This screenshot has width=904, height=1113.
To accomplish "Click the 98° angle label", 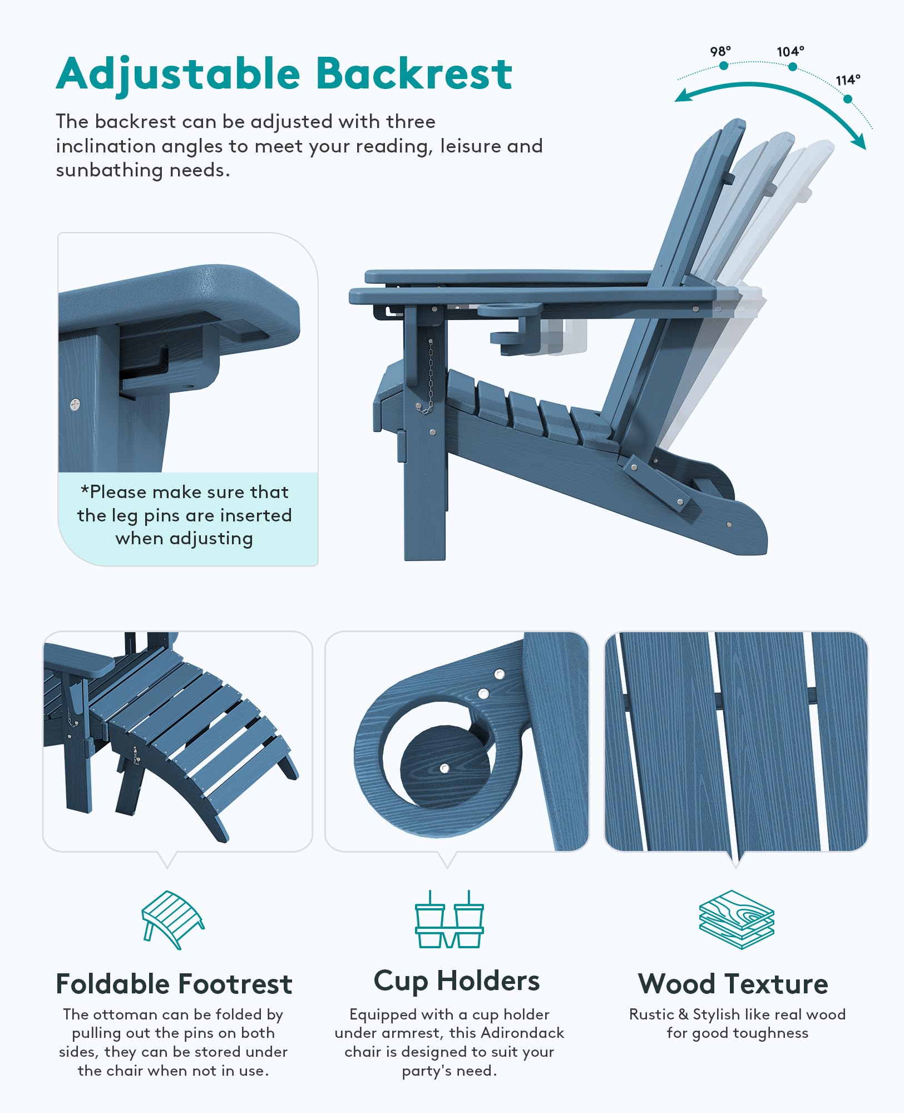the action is [720, 51].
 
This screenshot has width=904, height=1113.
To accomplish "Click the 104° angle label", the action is [791, 51].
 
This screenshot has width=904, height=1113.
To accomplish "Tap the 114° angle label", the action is [848, 80].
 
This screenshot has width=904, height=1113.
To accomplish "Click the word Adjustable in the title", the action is [178, 75].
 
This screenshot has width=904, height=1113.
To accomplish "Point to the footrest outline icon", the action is [173, 919].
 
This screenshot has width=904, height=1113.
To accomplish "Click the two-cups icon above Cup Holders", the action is [449, 919].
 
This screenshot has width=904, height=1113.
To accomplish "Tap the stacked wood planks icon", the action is [737, 919].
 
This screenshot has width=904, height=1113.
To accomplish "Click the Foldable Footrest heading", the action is [174, 984].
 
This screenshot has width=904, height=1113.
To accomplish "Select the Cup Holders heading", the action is [457, 982].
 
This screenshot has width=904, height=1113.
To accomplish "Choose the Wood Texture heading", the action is [733, 984].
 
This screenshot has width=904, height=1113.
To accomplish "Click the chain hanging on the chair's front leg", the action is [429, 377].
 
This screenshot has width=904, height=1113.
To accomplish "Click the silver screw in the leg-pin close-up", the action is [75, 404].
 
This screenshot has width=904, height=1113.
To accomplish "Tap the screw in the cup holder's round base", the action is [444, 769].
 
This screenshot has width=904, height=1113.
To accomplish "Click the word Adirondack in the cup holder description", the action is [522, 1033].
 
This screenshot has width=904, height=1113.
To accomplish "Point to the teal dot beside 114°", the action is [848, 99].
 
